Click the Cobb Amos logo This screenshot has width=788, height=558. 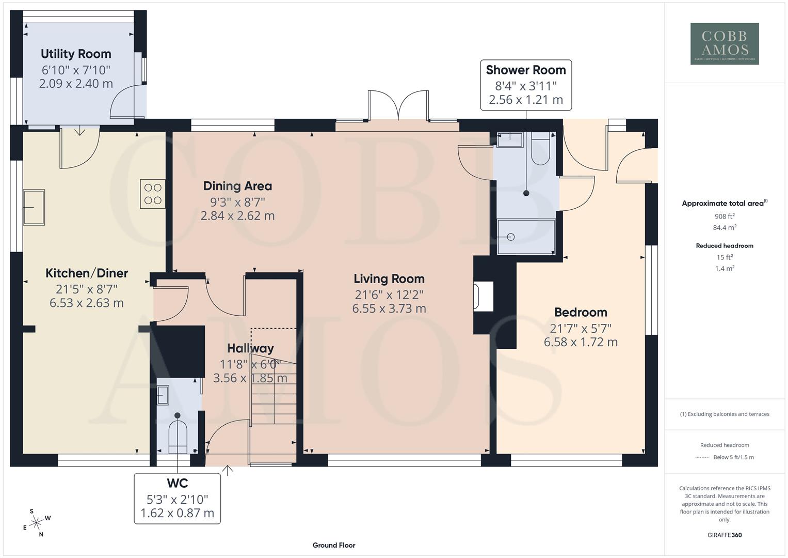pos(725,44)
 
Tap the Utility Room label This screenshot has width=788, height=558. pos(76,54)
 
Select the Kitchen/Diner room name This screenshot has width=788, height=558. pos(87,273)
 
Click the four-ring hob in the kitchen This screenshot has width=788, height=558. pos(153,194)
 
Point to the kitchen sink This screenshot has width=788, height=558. pos(34,207)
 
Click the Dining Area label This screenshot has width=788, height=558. pos(237,186)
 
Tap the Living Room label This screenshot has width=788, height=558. pos(389,279)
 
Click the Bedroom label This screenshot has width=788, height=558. pos(581,312)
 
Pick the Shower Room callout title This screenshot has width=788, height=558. pos(526,70)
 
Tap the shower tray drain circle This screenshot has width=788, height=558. pos(511,237)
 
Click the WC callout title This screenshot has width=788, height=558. pos(177,484)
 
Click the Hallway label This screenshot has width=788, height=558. pos(250,348)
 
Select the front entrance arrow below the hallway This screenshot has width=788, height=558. pos(227,470)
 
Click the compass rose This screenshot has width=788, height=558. pos(36,523)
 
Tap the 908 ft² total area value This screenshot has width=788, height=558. pos(725,216)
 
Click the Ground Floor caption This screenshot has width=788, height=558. pos(334,545)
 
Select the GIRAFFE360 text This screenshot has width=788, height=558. pos(725,535)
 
